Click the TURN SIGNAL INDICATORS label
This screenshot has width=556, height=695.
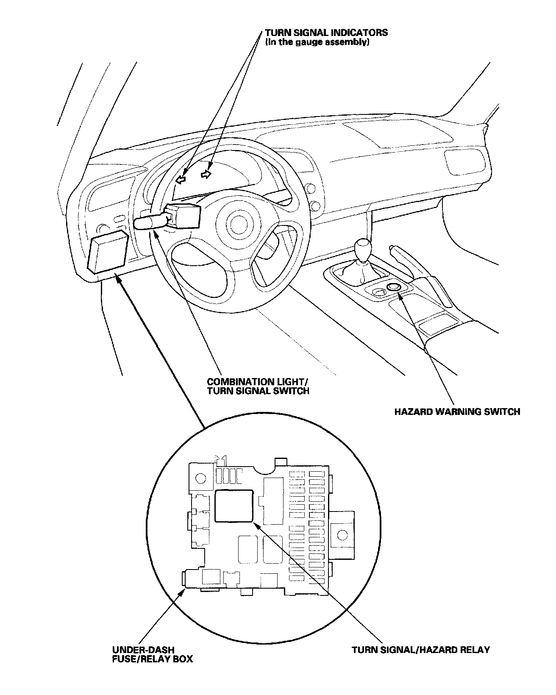(x=326, y=33)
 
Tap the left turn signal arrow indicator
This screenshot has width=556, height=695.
(x=181, y=180)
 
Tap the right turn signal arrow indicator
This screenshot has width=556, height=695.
(x=206, y=174)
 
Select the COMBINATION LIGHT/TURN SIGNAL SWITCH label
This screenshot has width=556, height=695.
(x=258, y=386)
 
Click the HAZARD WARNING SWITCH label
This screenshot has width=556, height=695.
(x=457, y=411)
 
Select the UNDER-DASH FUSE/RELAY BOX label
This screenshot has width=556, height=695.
(x=152, y=666)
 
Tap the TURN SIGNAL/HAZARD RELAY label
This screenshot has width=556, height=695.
(x=420, y=662)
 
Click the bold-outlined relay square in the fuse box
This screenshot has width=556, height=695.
(x=234, y=506)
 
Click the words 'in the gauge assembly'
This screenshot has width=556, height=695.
(x=317, y=42)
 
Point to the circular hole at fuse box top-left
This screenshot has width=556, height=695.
(x=200, y=478)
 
